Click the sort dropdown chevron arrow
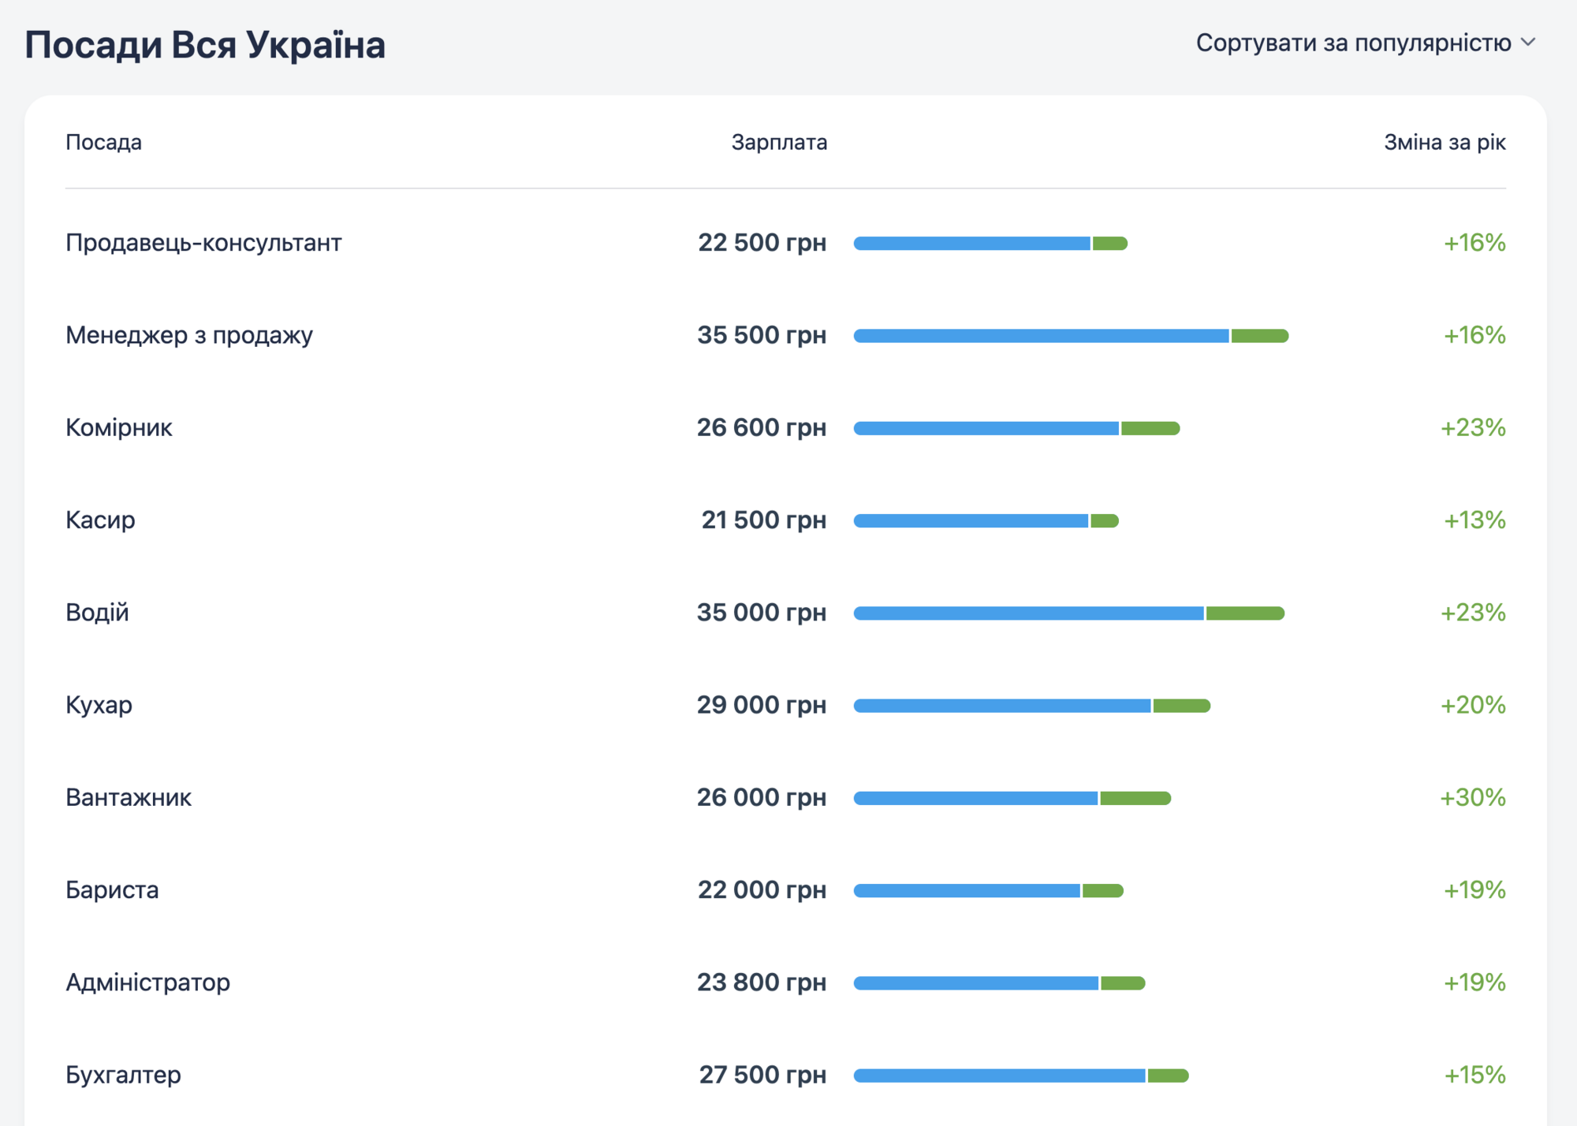[x=1528, y=43]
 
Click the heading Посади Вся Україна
[x=205, y=45]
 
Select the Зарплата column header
[x=779, y=143]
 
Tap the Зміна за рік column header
[x=1445, y=143]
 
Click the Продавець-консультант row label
[x=203, y=243]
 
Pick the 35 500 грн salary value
[x=762, y=335]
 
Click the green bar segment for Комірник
[x=1150, y=428]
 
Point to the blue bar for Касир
[x=971, y=520]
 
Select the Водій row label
[x=97, y=613]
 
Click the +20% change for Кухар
[x=1473, y=705]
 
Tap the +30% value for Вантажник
[x=1473, y=797]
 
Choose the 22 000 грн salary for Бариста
[x=762, y=890]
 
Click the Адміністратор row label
[x=148, y=982]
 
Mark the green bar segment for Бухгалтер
[x=1168, y=1076]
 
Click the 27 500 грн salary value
[x=762, y=1075]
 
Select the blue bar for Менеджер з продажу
[x=1041, y=336]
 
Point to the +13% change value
[x=1474, y=520]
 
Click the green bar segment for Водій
[x=1244, y=613]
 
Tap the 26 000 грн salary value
[x=762, y=797]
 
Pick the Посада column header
[x=103, y=143]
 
